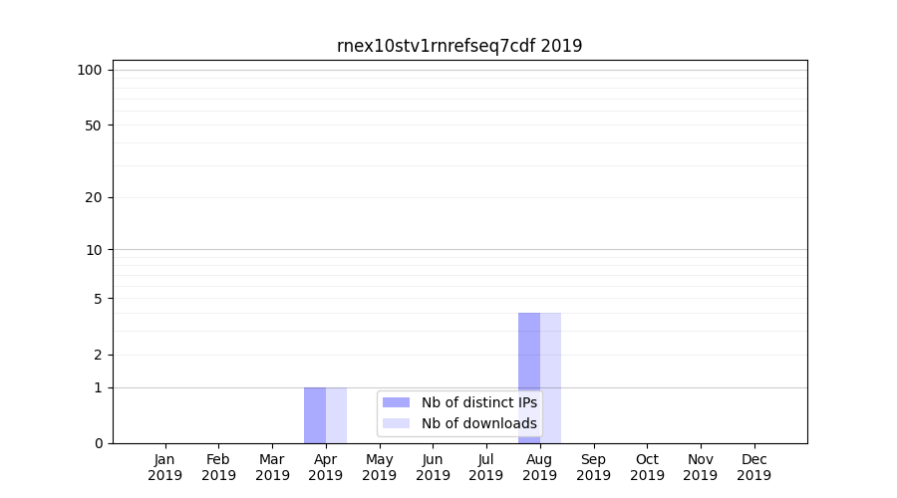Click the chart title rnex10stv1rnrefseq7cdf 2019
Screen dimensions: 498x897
459,46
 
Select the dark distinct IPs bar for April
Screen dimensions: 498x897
315,415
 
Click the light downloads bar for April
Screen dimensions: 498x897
336,415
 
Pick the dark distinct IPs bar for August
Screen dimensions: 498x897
529,378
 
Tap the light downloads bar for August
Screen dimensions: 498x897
550,378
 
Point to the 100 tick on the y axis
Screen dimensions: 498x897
90,70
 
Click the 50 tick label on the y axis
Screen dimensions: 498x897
94,125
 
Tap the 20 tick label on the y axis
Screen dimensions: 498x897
94,197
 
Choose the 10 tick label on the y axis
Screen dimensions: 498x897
94,250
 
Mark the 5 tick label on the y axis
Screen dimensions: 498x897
98,299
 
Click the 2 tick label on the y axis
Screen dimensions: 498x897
98,356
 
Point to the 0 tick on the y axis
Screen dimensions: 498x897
98,443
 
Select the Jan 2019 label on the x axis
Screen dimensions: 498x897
165,467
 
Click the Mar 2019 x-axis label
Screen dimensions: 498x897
272,467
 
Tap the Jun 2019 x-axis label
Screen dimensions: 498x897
433,467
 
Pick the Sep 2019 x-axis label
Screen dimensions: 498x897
593,467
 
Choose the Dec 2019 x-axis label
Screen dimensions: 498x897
753,467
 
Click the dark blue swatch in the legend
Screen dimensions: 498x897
396,402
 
